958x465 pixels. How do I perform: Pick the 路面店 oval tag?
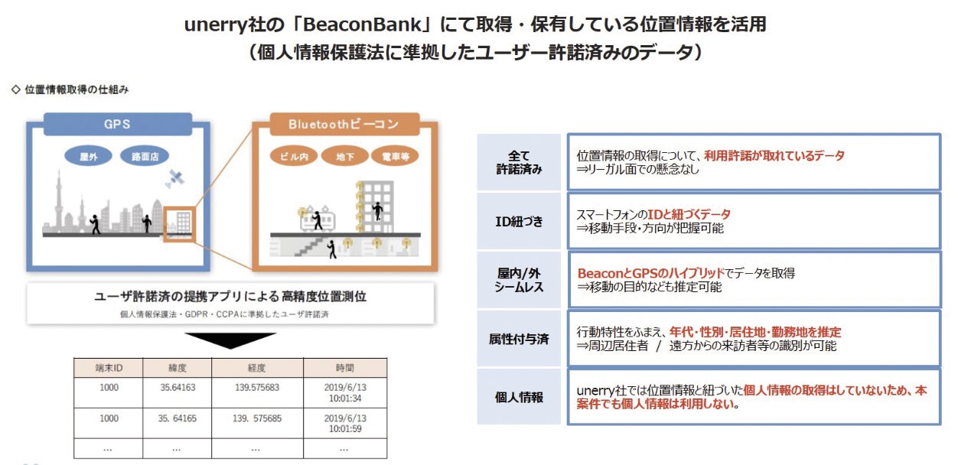(x=144, y=156)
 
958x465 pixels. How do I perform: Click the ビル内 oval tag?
(x=294, y=156)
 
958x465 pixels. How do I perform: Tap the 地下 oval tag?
(x=344, y=156)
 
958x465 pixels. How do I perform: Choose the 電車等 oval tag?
(x=395, y=156)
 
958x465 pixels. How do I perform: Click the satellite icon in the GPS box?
(x=175, y=179)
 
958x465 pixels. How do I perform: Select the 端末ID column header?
(x=109, y=368)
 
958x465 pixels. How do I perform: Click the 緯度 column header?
(x=178, y=368)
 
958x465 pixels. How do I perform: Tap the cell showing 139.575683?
(x=257, y=388)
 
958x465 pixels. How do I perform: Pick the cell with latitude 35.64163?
(x=178, y=388)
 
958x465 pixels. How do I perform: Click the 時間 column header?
(x=345, y=368)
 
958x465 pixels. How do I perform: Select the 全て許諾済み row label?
(x=520, y=162)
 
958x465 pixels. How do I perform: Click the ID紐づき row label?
(x=520, y=221)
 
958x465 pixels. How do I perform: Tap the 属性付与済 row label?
(x=520, y=338)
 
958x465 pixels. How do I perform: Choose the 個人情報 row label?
(x=520, y=397)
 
